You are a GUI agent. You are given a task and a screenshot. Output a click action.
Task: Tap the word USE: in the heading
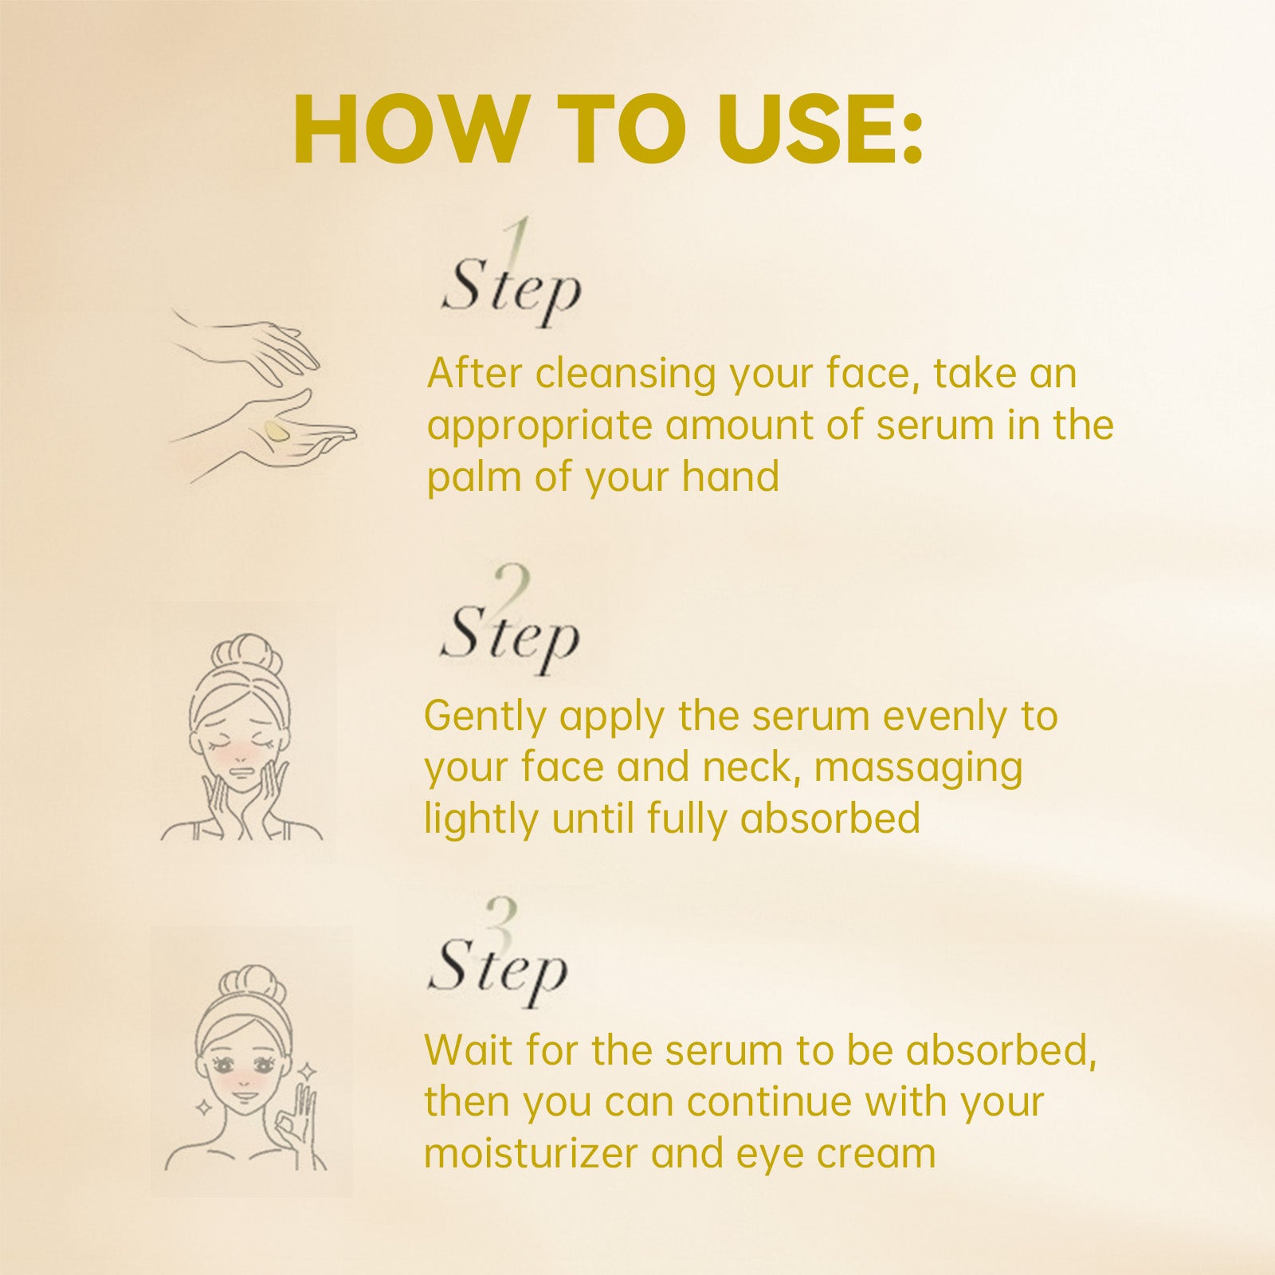(x=820, y=129)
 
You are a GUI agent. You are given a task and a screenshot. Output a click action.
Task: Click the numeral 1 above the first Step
(x=519, y=243)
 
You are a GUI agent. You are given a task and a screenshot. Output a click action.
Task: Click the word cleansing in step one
(x=626, y=375)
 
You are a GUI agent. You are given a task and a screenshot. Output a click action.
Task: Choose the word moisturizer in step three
(x=530, y=1154)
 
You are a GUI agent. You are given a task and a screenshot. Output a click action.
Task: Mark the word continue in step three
(x=769, y=1103)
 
